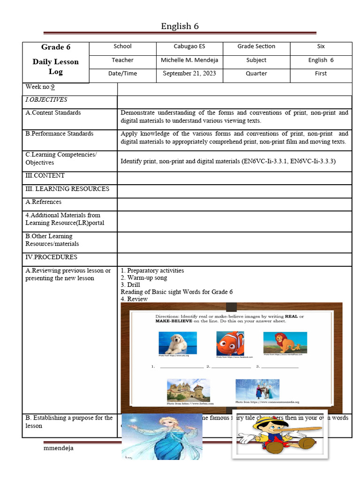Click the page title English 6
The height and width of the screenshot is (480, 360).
click(180, 26)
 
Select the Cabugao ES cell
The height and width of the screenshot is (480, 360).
click(189, 46)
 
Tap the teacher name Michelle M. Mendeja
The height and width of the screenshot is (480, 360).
click(189, 60)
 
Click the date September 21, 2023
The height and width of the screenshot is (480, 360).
click(189, 74)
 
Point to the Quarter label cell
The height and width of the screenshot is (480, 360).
click(256, 74)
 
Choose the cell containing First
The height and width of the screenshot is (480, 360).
click(321, 74)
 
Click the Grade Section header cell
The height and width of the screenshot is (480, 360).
click(256, 46)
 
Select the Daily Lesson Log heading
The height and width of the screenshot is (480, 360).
click(55, 67)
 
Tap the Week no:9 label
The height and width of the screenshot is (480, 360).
click(40, 87)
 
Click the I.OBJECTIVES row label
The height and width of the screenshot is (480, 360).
click(46, 99)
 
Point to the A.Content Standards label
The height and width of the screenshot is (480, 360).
click(53, 112)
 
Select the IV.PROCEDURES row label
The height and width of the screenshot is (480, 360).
click(51, 257)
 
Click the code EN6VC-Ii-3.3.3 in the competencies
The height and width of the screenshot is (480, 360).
click(312, 161)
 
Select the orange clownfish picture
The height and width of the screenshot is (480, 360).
click(230, 343)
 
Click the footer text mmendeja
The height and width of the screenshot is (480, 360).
click(58, 448)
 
